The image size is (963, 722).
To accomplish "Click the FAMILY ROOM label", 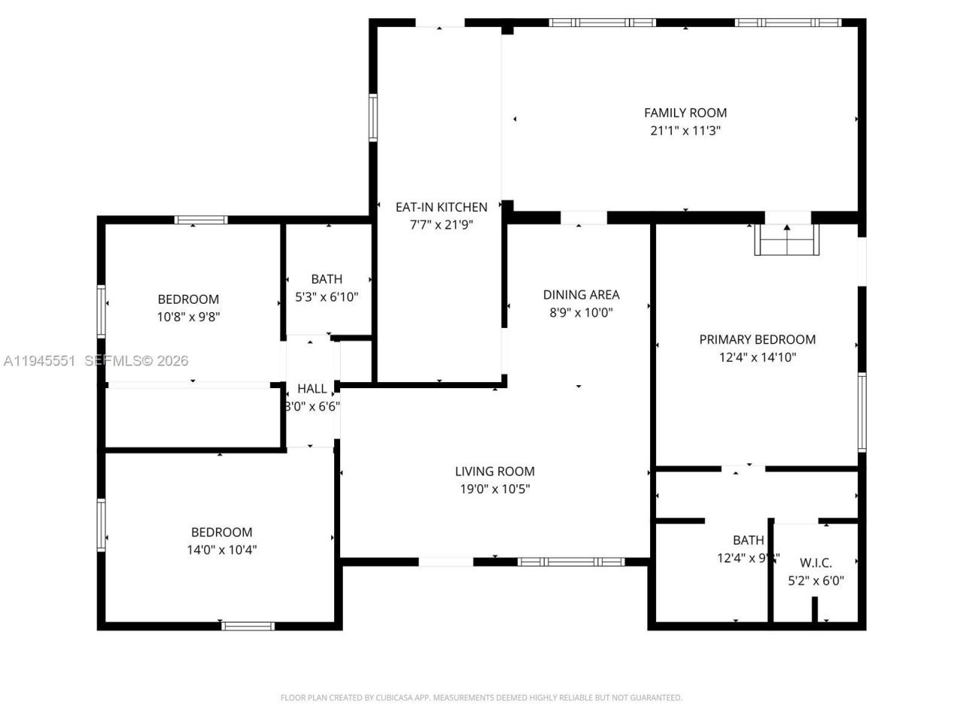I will (685, 113).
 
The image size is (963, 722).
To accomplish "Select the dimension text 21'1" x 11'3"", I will (685, 130).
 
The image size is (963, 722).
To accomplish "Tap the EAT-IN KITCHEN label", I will (442, 207).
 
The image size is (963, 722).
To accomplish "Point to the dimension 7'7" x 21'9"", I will (442, 224).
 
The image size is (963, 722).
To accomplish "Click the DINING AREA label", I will (581, 295).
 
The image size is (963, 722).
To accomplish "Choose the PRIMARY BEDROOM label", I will (757, 339).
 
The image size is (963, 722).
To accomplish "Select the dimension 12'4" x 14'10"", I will (757, 357).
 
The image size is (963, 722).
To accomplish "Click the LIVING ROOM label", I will (494, 472).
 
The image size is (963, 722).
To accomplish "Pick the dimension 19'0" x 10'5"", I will (494, 489).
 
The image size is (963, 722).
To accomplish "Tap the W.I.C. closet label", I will (816, 563).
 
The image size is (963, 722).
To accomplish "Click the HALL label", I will (311, 389).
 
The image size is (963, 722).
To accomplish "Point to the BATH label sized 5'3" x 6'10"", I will (327, 279).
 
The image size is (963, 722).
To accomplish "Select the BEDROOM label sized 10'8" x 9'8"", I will (188, 299).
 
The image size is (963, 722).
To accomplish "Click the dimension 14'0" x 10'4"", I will (221, 550).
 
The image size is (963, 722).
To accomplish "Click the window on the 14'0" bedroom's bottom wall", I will (248, 626).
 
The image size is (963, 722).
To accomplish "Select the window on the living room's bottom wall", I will (571, 562).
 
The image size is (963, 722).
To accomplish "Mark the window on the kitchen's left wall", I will (372, 117).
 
